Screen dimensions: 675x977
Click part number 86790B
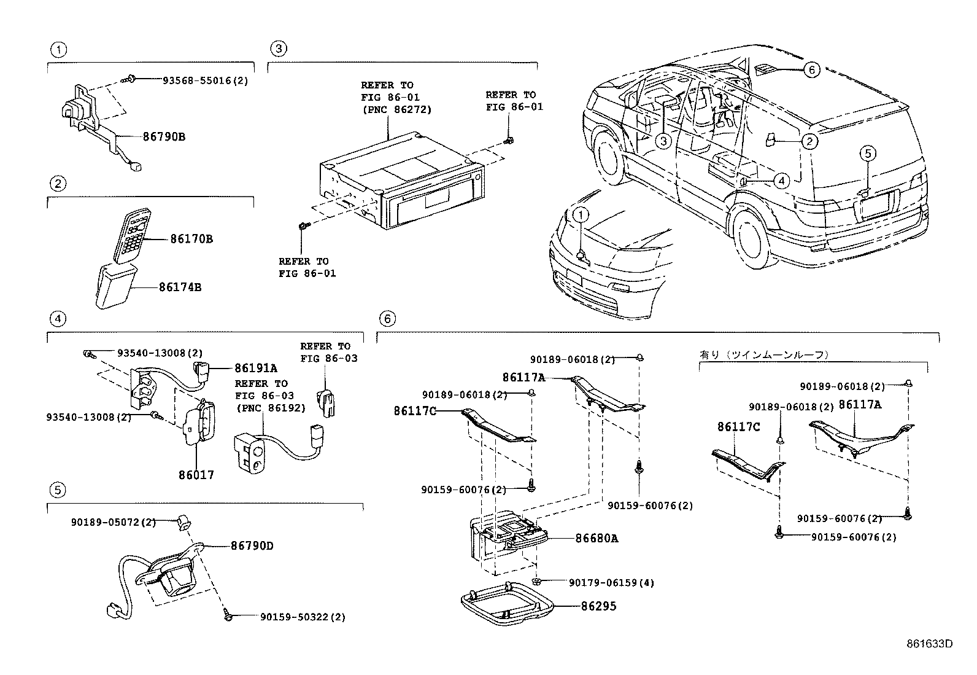click(x=164, y=137)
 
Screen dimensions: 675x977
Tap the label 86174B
click(x=180, y=287)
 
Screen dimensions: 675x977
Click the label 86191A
click(x=255, y=369)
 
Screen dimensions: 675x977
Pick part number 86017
click(x=196, y=475)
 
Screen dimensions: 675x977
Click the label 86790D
click(x=252, y=545)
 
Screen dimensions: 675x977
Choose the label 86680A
click(x=597, y=539)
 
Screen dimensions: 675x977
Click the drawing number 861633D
click(x=929, y=644)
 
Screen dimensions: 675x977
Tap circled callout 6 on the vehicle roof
click(x=811, y=71)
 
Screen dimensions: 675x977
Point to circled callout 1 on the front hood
click(x=581, y=215)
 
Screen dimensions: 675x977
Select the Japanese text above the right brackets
click(x=764, y=354)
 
